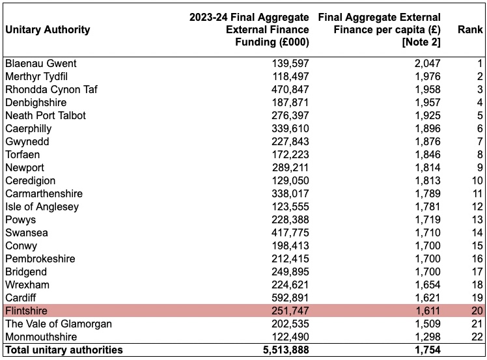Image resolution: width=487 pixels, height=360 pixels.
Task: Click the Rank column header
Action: point(470,29)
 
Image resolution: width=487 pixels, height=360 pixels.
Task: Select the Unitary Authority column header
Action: point(48,29)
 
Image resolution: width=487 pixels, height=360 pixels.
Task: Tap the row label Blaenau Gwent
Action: point(40,63)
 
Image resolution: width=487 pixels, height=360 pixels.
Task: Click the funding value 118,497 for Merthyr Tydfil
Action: point(291,76)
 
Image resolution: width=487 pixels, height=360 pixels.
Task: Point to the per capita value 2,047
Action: point(427,63)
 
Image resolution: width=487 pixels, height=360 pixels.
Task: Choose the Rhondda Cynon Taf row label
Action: point(51,89)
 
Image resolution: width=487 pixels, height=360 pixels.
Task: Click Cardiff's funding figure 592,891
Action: point(290,298)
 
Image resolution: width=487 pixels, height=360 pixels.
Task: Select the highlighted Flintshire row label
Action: point(27,311)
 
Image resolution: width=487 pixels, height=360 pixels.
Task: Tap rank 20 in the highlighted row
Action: point(477,311)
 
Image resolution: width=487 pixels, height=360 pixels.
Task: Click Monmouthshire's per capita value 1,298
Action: point(428,337)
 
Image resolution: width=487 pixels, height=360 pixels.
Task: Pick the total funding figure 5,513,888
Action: point(286,350)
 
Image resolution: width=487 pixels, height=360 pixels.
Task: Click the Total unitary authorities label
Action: point(64,350)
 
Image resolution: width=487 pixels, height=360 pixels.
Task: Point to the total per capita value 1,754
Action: point(428,350)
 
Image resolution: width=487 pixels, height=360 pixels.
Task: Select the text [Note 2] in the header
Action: point(421,42)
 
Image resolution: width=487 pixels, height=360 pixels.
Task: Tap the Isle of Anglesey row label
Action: point(42,206)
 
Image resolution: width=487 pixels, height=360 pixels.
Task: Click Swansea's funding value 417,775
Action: point(290,232)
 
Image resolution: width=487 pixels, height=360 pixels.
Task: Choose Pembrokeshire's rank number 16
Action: point(477,258)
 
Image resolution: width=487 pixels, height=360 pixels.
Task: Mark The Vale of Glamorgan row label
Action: point(59,324)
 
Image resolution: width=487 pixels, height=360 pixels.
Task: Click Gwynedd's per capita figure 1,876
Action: point(428,141)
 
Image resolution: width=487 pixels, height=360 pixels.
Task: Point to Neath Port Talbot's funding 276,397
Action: point(290,115)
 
